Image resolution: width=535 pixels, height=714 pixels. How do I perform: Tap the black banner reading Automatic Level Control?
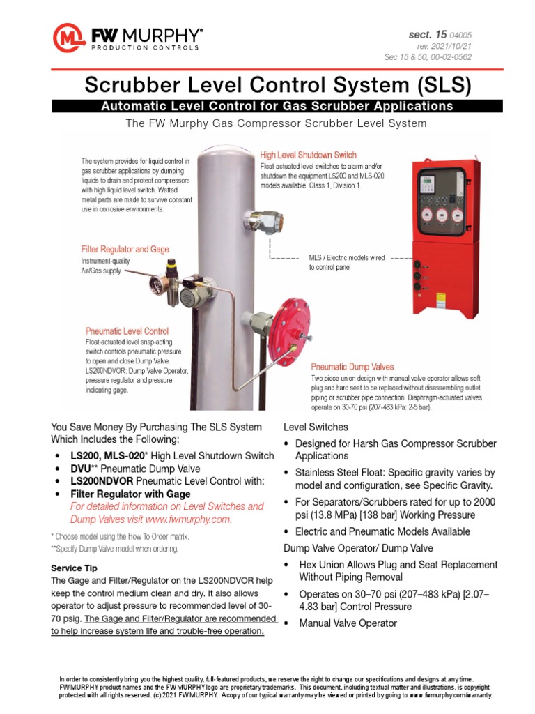(x=277, y=106)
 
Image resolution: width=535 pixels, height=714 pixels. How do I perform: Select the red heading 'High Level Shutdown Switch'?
(x=308, y=155)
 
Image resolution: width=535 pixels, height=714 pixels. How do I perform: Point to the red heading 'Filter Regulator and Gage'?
(x=125, y=249)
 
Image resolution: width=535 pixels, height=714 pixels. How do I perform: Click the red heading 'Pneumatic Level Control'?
(x=127, y=331)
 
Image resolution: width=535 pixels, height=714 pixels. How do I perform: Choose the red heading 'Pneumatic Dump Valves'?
(x=352, y=366)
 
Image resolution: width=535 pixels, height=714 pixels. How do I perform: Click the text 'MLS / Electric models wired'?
(x=346, y=257)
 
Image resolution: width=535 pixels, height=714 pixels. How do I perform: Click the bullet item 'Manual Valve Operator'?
(x=338, y=623)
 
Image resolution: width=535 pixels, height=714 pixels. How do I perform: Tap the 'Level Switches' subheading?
(x=316, y=427)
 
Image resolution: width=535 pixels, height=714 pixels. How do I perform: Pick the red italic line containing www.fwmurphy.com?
(x=150, y=519)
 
